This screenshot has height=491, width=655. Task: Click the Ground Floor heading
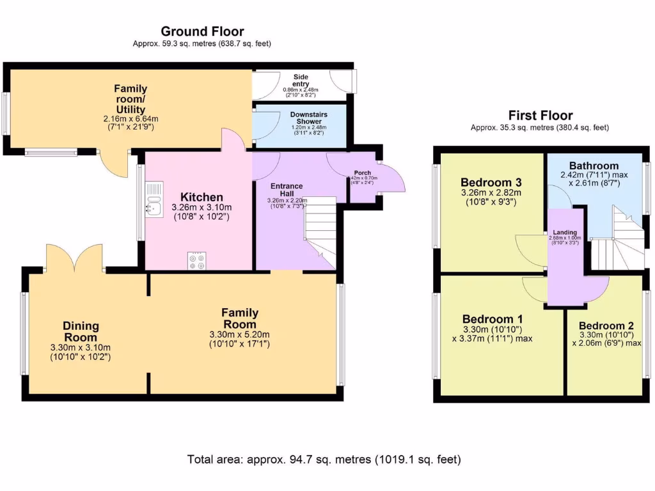tap(202, 31)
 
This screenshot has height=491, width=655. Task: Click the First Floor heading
tap(539, 116)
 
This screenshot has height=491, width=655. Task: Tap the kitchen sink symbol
tap(154, 198)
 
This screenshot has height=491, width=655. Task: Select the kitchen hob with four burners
tap(198, 261)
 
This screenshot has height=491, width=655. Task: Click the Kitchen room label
tap(201, 197)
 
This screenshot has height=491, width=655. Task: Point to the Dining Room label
tap(81, 331)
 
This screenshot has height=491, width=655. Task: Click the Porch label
tap(362, 173)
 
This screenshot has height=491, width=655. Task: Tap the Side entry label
tap(301, 80)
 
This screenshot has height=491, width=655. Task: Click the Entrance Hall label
tap(286, 189)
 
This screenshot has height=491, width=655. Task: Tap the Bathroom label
tap(594, 166)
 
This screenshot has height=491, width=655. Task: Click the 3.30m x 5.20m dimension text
tap(240, 334)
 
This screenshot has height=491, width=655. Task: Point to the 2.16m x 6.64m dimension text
tap(130, 119)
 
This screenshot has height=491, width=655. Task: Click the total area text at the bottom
tap(324, 459)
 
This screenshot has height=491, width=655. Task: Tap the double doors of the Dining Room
tap(75, 259)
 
